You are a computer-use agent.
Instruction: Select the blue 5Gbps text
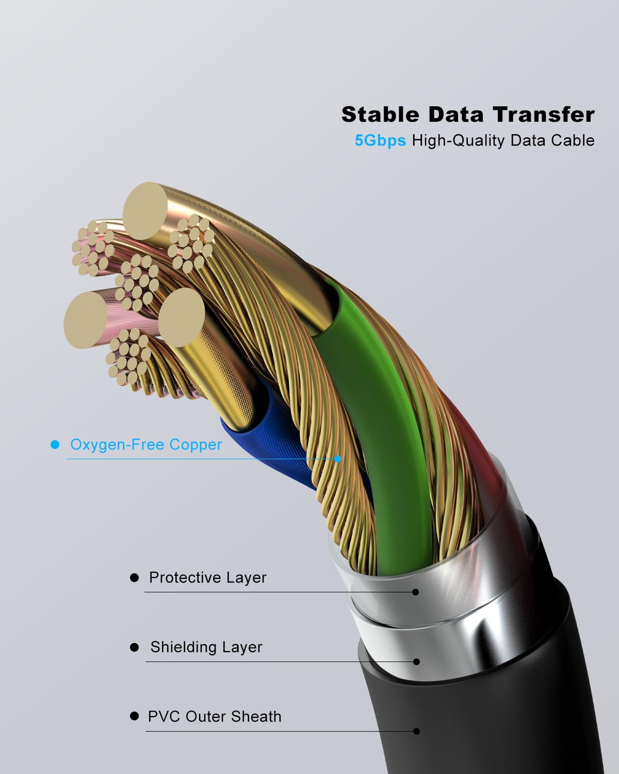[x=380, y=140]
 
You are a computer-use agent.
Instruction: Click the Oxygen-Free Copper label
[x=146, y=445]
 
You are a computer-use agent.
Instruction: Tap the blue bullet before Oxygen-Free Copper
[x=55, y=445]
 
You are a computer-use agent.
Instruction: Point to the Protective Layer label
[x=207, y=577]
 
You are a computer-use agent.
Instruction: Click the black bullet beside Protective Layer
[x=135, y=578]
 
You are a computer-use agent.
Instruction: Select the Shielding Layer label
[x=206, y=647]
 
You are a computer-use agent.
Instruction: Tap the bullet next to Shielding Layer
[x=135, y=647]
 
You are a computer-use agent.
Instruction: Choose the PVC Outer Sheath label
[x=215, y=717]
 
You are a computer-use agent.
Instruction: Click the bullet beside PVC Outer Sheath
[x=135, y=716]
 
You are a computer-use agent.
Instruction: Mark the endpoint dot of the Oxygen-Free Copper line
[x=338, y=459]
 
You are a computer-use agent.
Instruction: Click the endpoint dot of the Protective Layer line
[x=416, y=592]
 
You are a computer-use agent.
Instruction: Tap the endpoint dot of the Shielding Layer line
[x=416, y=662]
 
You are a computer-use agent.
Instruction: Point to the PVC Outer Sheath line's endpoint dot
[x=416, y=731]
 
